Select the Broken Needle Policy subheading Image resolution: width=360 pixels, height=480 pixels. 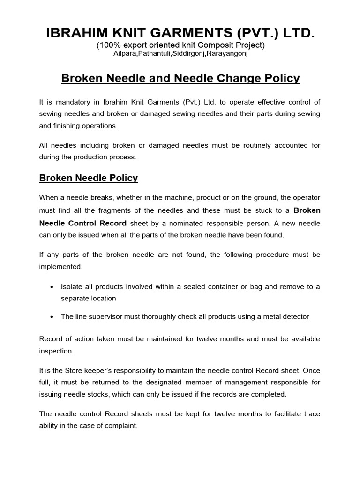pos(89,178)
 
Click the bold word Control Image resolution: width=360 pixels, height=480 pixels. pos(82,223)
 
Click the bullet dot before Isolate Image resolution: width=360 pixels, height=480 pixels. pos(52,287)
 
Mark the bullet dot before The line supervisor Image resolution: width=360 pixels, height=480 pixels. pos(52,317)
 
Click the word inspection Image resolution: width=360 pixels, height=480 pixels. pos(56,350)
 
